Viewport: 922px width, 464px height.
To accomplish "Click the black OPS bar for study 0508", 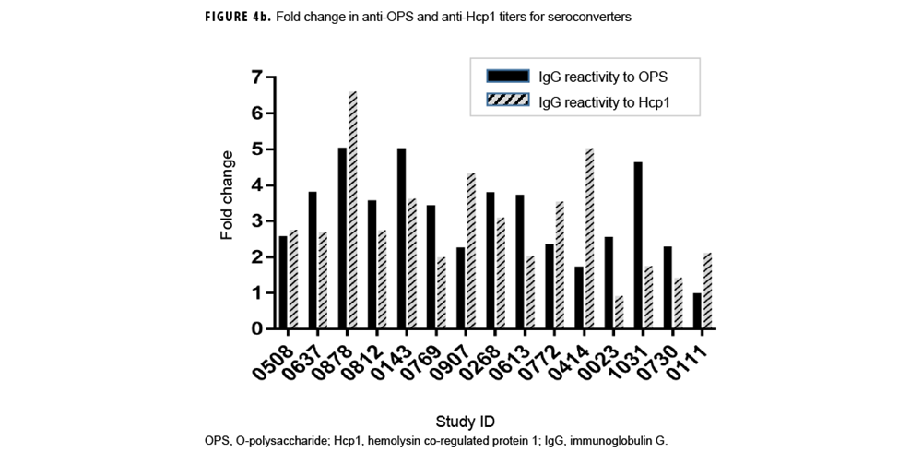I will pyautogui.click(x=282, y=282).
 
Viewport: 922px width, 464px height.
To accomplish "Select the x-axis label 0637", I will pyautogui.click(x=302, y=359).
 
